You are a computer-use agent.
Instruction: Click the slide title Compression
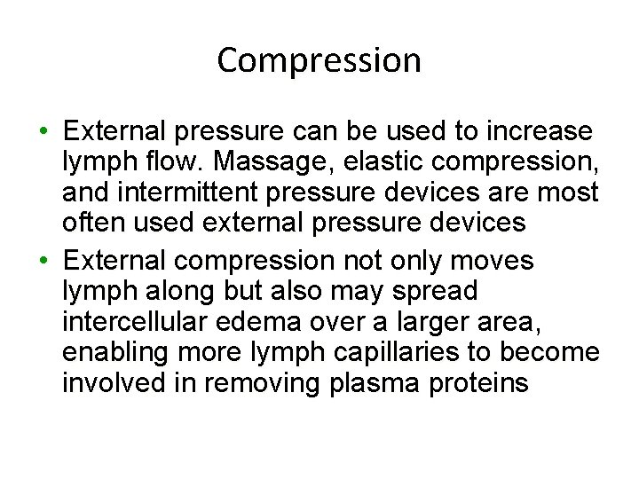pyautogui.click(x=319, y=61)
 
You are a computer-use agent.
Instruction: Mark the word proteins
pyautogui.click(x=487, y=383)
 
